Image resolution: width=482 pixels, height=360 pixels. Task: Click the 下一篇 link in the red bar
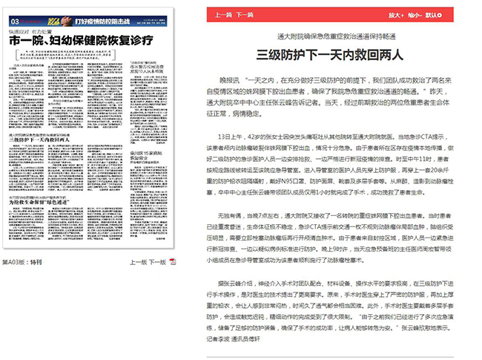tap(244, 14)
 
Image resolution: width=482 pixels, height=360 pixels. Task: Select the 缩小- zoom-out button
tap(419, 14)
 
